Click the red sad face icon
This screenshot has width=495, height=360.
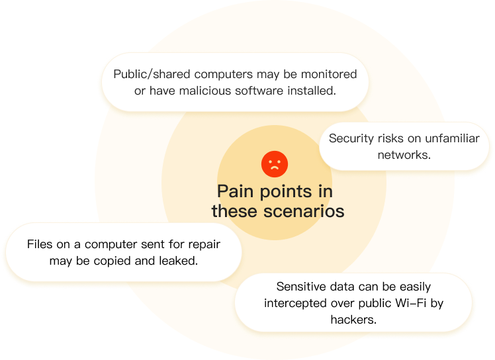click(x=275, y=164)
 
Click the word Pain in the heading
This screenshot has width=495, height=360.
click(x=236, y=192)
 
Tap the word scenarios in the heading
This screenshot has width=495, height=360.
click(x=304, y=211)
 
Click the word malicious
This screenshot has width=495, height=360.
click(x=205, y=91)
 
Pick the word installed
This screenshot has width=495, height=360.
click(x=311, y=91)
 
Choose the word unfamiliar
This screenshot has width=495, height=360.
click(x=452, y=138)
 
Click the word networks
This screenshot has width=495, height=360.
click(x=404, y=155)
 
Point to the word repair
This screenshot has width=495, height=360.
click(x=204, y=245)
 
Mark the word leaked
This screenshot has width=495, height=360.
click(x=179, y=261)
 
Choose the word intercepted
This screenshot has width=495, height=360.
click(x=296, y=304)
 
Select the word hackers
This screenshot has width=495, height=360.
click(x=353, y=320)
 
